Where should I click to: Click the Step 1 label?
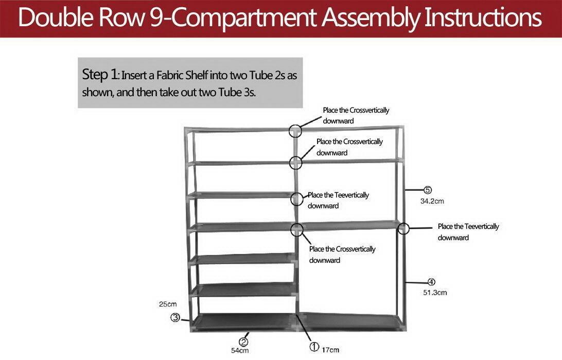coord(100,75)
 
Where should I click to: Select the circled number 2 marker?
coord(244,341)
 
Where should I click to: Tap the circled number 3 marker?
coord(175,318)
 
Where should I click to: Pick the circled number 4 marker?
coord(431,282)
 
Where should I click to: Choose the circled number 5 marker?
coord(427,190)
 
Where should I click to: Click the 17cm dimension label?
coord(331,350)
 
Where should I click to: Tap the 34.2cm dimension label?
coord(432,201)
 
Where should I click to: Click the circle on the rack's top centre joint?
coord(295,131)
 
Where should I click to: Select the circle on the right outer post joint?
coord(403,228)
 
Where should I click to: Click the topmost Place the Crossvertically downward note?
coord(356,116)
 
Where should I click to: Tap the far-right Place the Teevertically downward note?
coord(468,232)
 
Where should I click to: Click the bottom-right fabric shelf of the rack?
coord(350,321)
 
